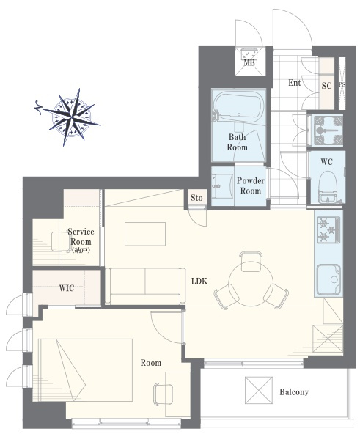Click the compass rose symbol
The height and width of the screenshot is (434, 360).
71,117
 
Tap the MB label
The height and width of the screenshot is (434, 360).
249,63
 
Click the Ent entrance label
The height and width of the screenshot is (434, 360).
294,83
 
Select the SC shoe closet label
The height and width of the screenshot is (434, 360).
326,86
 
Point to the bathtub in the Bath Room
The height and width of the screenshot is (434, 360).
238,106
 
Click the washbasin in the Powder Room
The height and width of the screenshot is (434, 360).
222,186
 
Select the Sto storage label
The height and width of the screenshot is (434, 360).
196,198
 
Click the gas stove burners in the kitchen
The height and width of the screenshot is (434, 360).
328,229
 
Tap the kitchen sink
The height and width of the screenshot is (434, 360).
328,280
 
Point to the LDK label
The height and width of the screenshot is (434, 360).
199,282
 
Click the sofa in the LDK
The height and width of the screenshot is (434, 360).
145,286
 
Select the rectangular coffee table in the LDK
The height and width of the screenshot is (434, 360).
145,234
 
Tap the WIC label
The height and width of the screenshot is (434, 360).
67,288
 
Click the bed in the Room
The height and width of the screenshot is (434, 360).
85,369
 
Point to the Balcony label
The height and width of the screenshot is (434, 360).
294,392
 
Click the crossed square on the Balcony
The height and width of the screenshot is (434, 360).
259,390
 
